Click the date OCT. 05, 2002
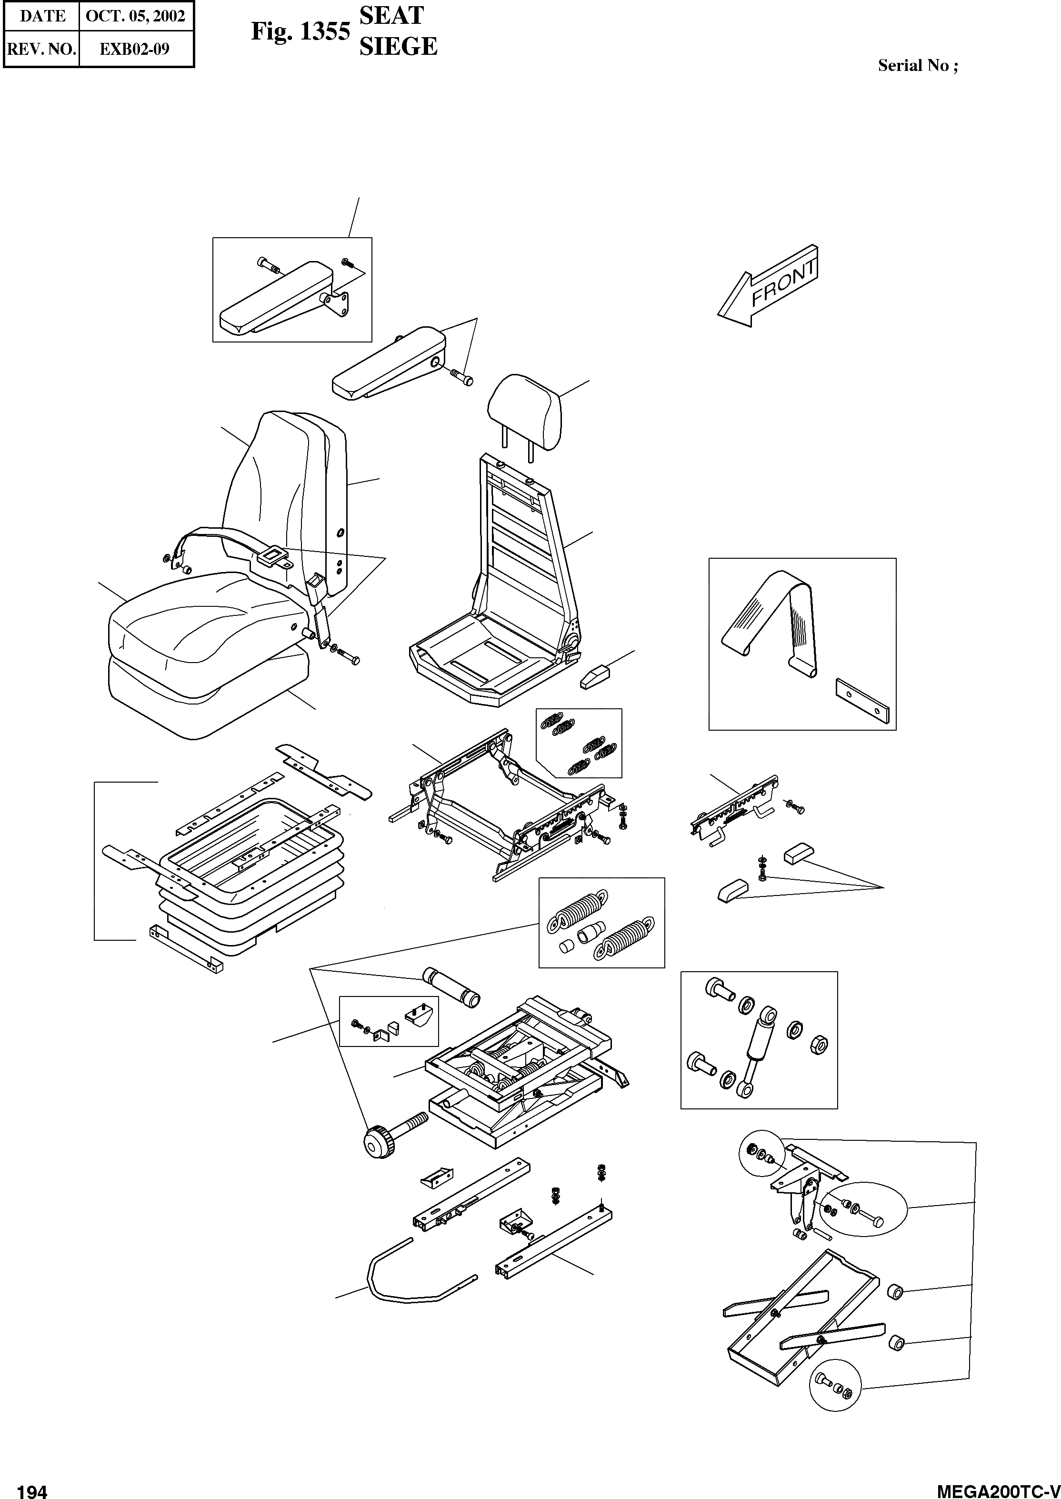coord(135,16)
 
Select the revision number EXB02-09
coord(135,49)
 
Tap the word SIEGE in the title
coord(398,46)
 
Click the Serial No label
coord(917,65)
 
